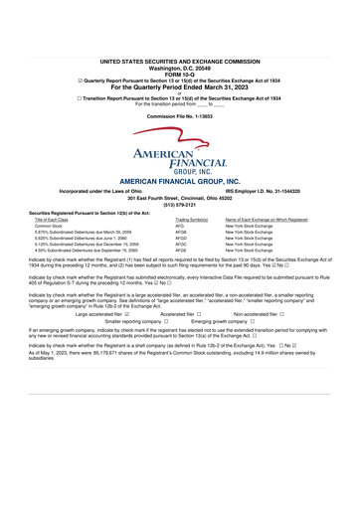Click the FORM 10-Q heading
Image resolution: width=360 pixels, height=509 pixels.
click(179, 46)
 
